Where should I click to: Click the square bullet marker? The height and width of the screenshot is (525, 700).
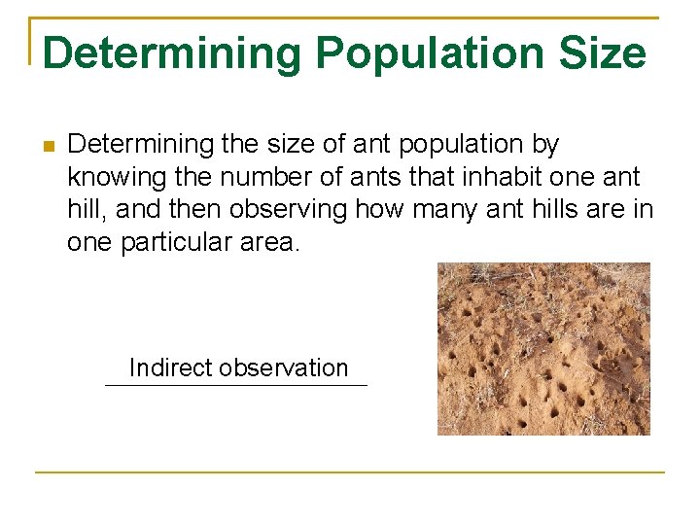click(46, 146)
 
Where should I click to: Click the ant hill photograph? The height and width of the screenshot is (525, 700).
click(543, 348)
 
